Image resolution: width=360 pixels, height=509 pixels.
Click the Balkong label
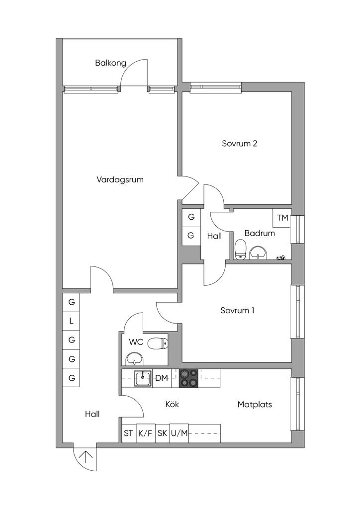[x=110, y=63]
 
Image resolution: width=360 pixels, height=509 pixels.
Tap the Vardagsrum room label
[x=120, y=179]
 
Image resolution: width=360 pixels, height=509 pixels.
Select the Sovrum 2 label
[x=240, y=143]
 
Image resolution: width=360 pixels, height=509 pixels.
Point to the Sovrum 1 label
[x=237, y=310]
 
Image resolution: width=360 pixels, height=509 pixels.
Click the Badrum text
[x=260, y=233]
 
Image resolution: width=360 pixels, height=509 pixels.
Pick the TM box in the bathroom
[x=282, y=218]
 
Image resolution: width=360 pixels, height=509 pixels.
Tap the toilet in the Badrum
[x=241, y=250]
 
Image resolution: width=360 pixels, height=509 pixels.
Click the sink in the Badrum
[x=259, y=253]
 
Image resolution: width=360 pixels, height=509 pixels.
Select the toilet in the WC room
[x=158, y=343]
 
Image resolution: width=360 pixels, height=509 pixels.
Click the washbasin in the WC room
[x=135, y=359]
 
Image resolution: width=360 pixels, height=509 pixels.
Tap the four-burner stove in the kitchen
[x=189, y=378]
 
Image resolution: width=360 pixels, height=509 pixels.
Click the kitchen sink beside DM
[x=143, y=378]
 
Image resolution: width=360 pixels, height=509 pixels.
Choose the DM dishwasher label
[x=161, y=378]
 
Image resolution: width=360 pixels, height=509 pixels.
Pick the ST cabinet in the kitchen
[x=129, y=433]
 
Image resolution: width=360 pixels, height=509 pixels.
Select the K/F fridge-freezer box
[x=146, y=433]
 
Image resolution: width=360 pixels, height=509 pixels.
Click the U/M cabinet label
[x=179, y=433]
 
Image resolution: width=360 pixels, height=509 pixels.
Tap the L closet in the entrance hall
[x=72, y=322]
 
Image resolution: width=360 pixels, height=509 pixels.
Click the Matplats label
[x=255, y=405]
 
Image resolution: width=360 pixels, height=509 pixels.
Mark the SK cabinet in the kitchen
[x=162, y=433]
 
